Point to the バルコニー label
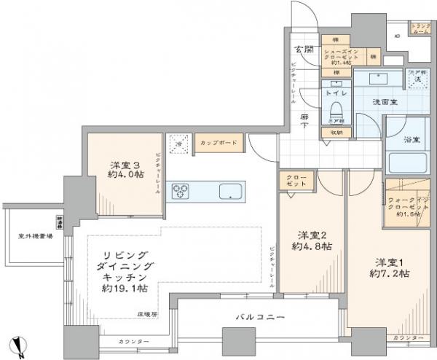click(x=259, y=316)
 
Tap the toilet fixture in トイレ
click(x=336, y=110)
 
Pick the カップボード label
click(x=218, y=143)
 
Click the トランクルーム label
click(x=420, y=28)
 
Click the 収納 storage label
click(x=335, y=132)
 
